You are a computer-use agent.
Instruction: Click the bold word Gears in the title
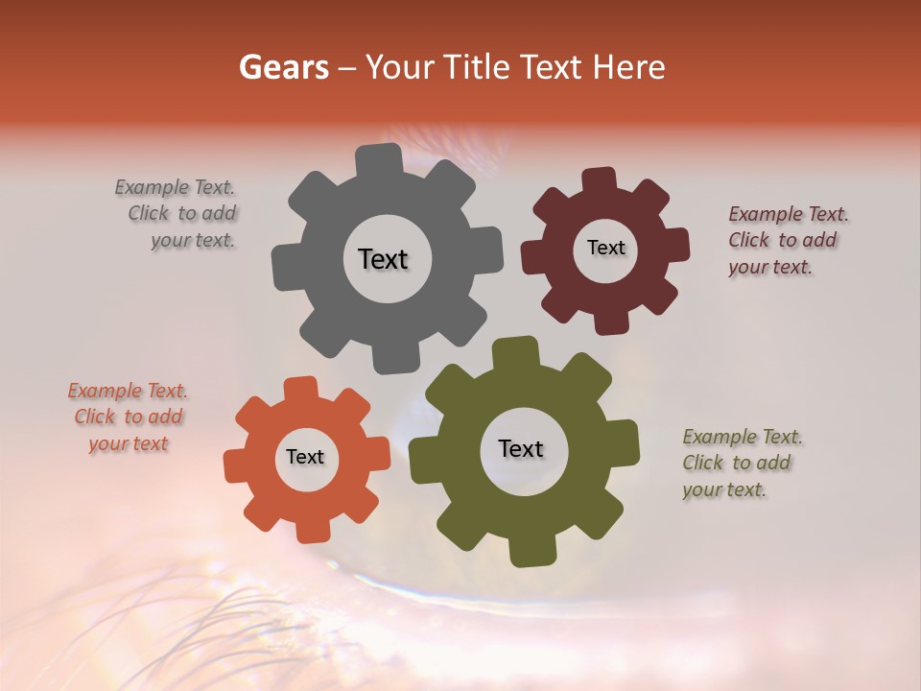[283, 67]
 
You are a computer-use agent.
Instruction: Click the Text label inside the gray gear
[383, 259]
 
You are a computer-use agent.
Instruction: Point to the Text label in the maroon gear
[605, 248]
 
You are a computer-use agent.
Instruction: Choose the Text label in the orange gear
[305, 457]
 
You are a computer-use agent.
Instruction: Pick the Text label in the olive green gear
[521, 448]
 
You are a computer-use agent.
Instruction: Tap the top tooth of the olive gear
[515, 352]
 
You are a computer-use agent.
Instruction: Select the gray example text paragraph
[177, 214]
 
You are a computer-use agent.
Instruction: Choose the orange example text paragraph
[129, 417]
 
